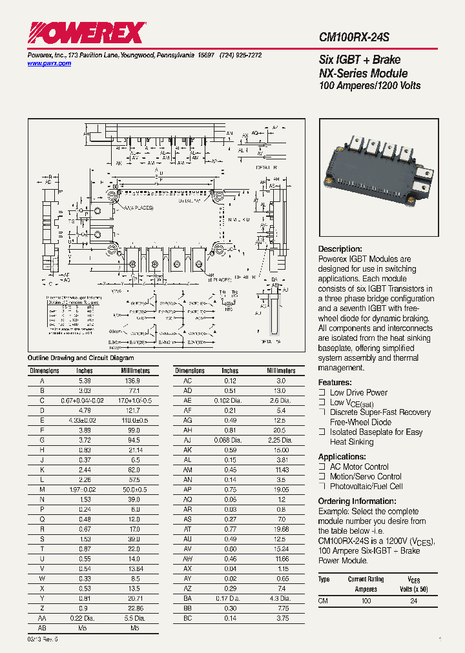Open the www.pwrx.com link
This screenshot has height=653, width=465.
[x=49, y=64]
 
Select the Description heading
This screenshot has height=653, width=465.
[x=340, y=249]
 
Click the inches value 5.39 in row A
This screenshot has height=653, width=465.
[x=84, y=381]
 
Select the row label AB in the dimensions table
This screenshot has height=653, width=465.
[x=41, y=627]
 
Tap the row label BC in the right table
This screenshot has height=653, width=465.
[x=188, y=618]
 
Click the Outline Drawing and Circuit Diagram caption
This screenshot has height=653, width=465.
[x=81, y=357]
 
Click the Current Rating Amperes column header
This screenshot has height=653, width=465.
[x=366, y=584]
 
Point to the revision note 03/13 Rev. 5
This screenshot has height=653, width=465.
[x=43, y=638]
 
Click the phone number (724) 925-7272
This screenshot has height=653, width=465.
[x=240, y=55]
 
